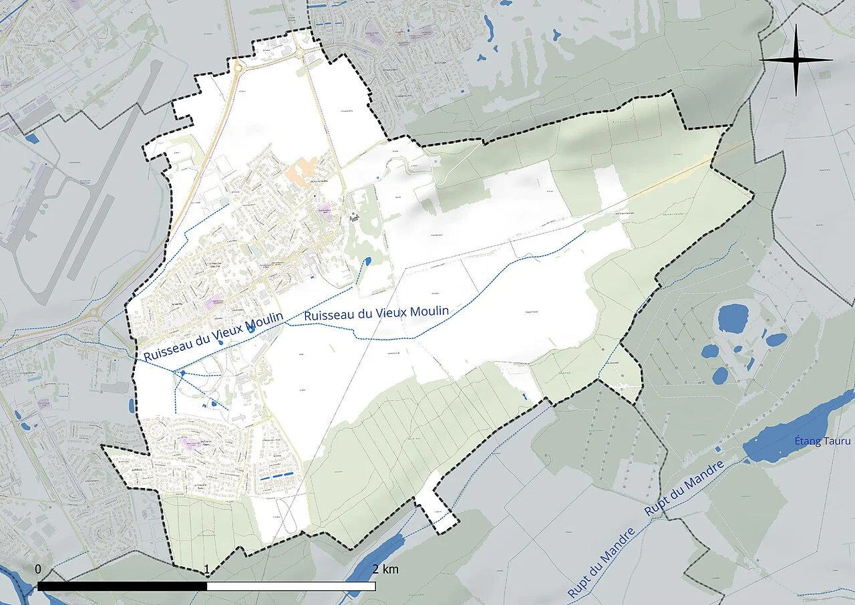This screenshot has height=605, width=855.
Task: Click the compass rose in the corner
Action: click(x=796, y=60)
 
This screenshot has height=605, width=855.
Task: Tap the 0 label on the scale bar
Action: click(x=38, y=569)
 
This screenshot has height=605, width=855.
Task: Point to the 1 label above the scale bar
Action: click(x=207, y=570)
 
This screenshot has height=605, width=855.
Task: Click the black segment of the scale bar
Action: click(x=122, y=586)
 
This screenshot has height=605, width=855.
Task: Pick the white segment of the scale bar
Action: click(x=291, y=586)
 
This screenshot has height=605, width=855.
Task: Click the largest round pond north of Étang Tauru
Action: click(x=733, y=318)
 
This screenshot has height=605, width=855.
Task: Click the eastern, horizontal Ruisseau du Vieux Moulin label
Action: click(x=376, y=312)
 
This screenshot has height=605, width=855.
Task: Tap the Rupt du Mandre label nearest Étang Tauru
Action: click(x=685, y=489)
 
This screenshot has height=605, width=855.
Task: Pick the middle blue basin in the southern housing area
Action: click(x=275, y=476)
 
